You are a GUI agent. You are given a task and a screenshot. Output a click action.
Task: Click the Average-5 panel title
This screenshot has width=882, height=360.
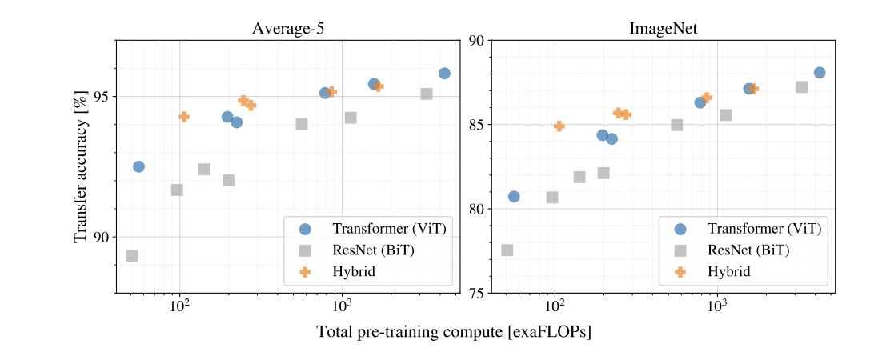288,29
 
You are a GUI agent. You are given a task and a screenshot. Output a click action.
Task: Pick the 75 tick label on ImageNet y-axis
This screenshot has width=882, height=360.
476,294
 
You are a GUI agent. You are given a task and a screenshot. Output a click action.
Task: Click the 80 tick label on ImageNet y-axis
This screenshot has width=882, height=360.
476,210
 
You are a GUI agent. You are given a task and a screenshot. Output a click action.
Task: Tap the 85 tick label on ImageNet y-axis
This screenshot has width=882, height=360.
476,125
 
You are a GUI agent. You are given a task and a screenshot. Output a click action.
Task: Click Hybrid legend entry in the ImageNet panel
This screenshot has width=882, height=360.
728,272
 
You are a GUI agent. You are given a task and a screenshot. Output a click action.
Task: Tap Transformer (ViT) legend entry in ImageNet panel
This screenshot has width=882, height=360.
764,228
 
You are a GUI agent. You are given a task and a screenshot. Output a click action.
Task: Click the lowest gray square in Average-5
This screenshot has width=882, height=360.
132,255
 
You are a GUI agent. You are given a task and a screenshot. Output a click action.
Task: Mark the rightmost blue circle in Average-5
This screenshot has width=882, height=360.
444,74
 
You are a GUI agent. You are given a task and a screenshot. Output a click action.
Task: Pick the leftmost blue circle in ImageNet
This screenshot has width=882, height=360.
514,196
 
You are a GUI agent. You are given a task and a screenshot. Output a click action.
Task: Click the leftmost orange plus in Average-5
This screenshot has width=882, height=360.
184,117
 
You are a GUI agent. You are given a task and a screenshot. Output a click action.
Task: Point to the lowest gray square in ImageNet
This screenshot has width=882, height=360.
507,250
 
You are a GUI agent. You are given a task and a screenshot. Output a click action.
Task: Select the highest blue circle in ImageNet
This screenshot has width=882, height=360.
820,73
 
